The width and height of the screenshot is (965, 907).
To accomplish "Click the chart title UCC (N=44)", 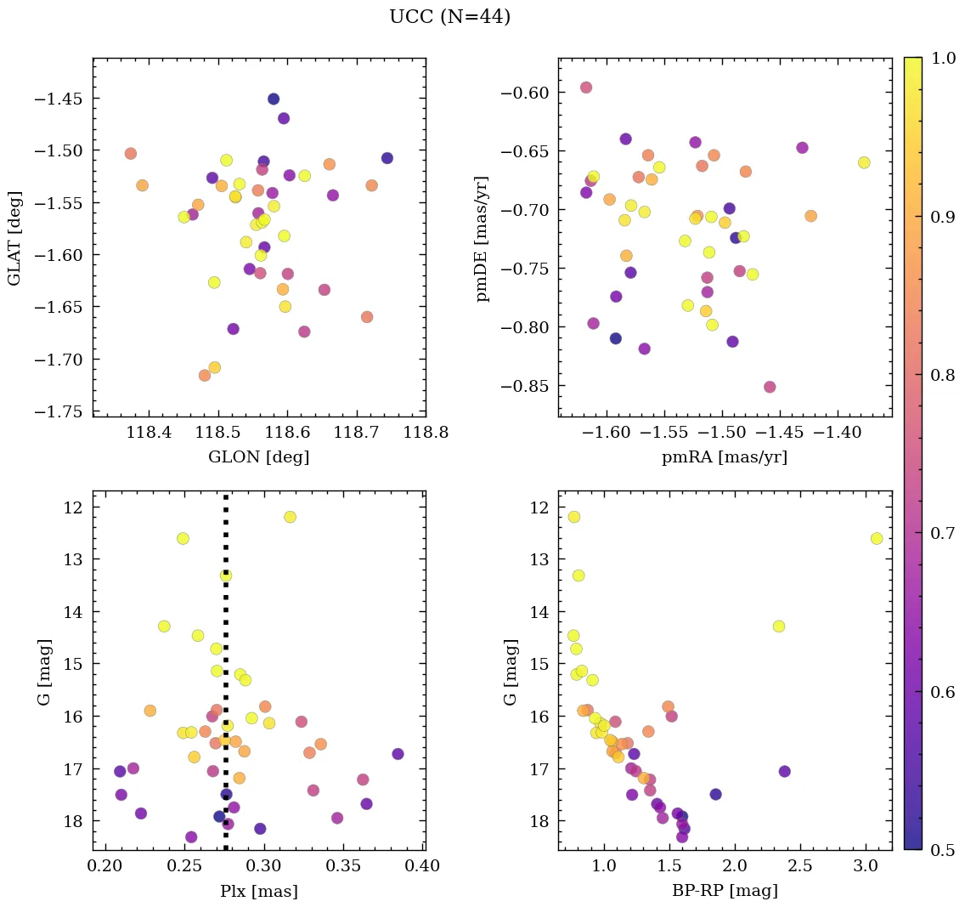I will (x=449, y=17).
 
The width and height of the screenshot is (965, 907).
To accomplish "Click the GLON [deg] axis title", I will (x=258, y=457).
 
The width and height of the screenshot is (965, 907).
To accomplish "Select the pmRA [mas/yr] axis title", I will (x=724, y=457).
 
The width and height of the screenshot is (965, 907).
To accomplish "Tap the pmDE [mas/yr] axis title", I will (x=483, y=238).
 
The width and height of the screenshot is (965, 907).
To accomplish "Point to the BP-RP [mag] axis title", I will (x=724, y=891).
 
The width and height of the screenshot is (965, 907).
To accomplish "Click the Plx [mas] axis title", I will (x=258, y=891).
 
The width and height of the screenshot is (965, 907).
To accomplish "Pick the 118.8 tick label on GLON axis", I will (x=426, y=433).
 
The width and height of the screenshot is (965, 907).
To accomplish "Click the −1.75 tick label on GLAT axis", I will (x=58, y=411).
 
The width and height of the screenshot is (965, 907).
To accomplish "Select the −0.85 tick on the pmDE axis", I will (x=523, y=386).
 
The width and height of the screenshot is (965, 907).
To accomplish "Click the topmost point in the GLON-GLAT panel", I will (x=274, y=99).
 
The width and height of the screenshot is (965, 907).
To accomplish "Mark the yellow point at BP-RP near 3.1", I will (x=877, y=538).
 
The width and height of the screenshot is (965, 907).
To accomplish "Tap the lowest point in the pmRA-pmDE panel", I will (x=770, y=387).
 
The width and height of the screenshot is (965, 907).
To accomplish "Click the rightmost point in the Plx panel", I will (x=398, y=754).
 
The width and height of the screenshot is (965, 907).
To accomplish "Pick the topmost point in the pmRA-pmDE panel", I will (x=586, y=88).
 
